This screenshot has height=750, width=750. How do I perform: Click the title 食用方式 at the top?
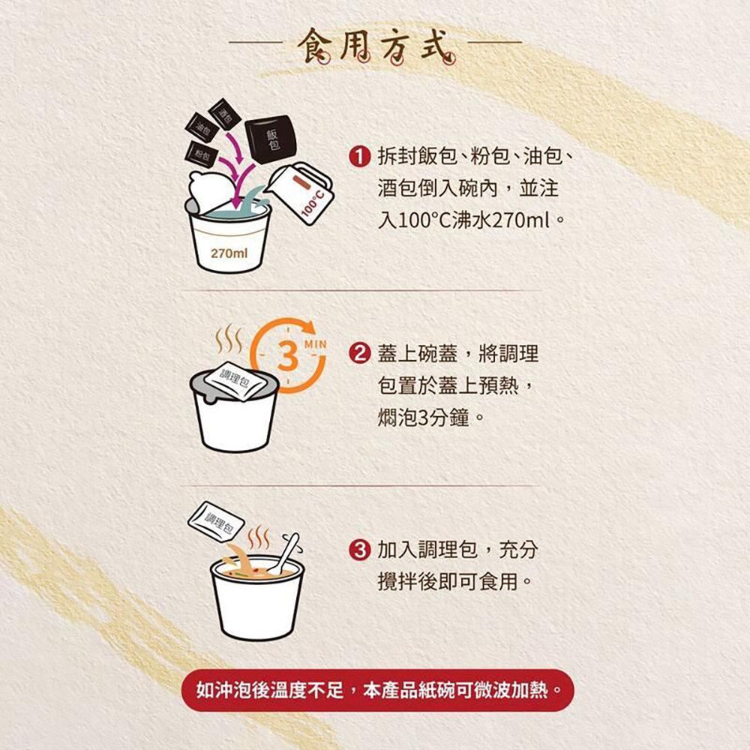pyautogui.click(x=376, y=46)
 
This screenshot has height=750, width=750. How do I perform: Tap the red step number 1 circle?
pyautogui.click(x=360, y=157)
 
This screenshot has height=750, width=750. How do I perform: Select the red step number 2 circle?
pyautogui.click(x=360, y=354)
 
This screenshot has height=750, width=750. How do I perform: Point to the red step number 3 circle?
pyautogui.click(x=360, y=550)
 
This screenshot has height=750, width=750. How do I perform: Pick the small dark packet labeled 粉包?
pyautogui.click(x=202, y=154)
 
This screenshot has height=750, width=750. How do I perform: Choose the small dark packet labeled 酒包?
pyautogui.click(x=224, y=114)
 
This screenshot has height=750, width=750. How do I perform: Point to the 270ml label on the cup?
pyautogui.click(x=229, y=253)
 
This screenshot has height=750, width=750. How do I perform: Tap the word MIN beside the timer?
pyautogui.click(x=315, y=344)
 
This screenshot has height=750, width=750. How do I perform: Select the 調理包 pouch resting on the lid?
pyautogui.click(x=234, y=379)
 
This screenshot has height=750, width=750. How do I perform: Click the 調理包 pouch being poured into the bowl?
pyautogui.click(x=216, y=521)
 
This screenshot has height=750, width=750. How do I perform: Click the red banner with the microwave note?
pyautogui.click(x=377, y=690)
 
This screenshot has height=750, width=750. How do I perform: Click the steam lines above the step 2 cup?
pyautogui.click(x=229, y=338)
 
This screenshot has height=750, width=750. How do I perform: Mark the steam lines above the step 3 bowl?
pyautogui.click(x=258, y=538)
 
